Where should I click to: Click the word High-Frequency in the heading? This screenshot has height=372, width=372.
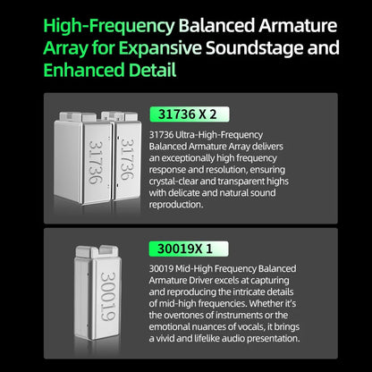[109, 27]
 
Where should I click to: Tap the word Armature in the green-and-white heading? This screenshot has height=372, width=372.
[298, 25]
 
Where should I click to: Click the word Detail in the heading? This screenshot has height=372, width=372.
[153, 70]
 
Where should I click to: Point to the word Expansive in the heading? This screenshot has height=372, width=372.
[161, 48]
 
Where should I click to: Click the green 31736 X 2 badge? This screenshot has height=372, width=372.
[190, 114]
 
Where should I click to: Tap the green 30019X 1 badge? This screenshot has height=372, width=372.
[189, 249]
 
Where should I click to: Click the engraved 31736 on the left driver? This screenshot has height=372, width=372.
[96, 163]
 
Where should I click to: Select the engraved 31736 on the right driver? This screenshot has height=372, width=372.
[128, 159]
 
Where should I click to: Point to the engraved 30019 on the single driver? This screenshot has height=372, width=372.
[108, 296]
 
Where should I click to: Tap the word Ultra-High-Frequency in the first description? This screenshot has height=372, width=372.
[219, 135]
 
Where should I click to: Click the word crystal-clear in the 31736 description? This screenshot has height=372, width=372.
[173, 182]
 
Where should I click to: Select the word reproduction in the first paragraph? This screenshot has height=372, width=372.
[175, 205]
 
